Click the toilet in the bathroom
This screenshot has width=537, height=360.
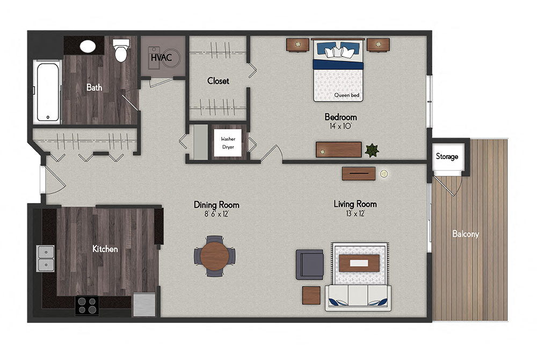tap(121, 52)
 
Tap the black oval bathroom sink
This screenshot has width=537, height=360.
tap(88, 46)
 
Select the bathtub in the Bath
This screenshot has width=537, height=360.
tap(47, 91)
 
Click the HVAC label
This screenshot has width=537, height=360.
tap(161, 57)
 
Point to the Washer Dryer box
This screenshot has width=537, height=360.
tap(228, 143)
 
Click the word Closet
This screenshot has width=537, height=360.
tap(218, 81)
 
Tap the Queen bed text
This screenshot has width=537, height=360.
tap(347, 96)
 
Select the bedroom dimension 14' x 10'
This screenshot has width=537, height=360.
tap(340, 126)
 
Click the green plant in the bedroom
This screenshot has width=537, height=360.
tap(372, 150)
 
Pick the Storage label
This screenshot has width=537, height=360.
tap(447, 156)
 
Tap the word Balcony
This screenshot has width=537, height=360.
tap(465, 234)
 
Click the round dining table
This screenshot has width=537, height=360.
tap(215, 256)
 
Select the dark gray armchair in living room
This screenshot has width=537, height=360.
tap(310, 264)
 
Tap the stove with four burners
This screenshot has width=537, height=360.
tap(86, 305)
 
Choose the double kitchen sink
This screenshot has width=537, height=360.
tap(46, 258)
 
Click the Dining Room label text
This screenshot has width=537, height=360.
tap(216, 205)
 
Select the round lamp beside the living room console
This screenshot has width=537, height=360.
tap(384, 174)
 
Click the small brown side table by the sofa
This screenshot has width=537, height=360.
tap(311, 295)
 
